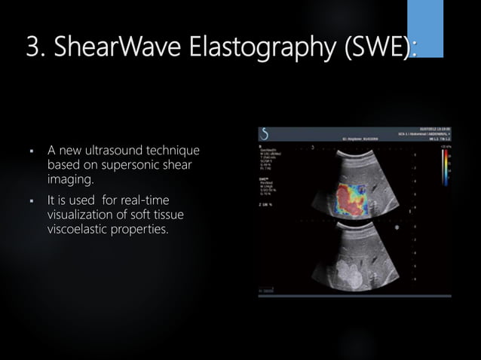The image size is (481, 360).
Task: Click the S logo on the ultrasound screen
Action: point(265,136)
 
